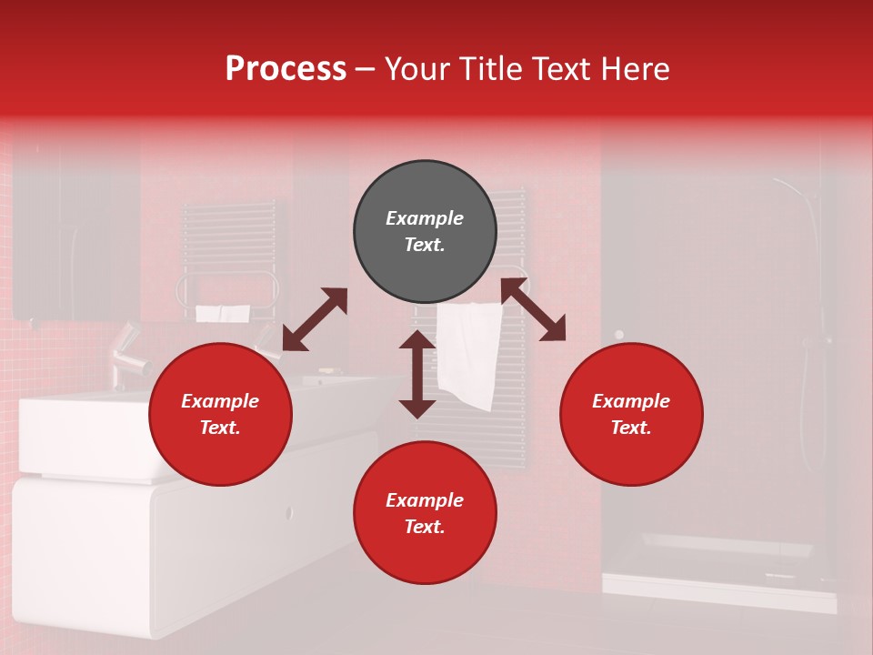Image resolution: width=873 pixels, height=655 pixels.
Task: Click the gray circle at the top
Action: (x=425, y=232)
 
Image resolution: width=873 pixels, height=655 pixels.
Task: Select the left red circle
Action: (x=220, y=415)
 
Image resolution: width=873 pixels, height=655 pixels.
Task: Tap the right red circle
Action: (x=631, y=415)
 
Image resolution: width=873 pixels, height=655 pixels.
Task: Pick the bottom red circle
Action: (x=425, y=513)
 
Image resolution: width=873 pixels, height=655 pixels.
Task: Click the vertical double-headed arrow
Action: (x=417, y=374)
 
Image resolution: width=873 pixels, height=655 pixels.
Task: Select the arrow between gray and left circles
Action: (x=315, y=319)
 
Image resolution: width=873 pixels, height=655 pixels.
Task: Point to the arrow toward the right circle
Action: (x=534, y=310)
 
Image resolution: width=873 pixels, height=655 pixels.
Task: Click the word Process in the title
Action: (x=286, y=69)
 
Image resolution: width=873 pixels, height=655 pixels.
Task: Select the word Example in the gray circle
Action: (x=425, y=218)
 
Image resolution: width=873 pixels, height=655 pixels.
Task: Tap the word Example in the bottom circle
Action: (x=425, y=500)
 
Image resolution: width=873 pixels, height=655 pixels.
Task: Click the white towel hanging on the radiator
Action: (x=469, y=355)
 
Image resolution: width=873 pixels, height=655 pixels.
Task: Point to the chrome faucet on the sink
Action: (x=127, y=359)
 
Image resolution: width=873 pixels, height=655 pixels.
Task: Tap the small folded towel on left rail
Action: (x=223, y=313)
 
